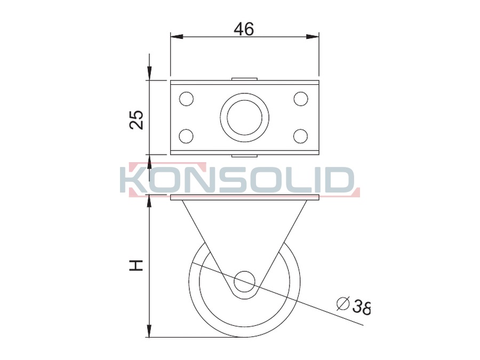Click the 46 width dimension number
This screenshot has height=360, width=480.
244,29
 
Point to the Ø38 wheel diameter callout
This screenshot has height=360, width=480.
354,305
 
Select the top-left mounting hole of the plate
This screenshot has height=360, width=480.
187,99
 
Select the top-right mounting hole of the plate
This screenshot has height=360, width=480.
301,99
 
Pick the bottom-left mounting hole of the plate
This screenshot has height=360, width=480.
186,136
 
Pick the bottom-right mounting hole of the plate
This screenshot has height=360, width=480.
300,136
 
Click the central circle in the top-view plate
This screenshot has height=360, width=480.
245,117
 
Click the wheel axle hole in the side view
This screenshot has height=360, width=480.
245,281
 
